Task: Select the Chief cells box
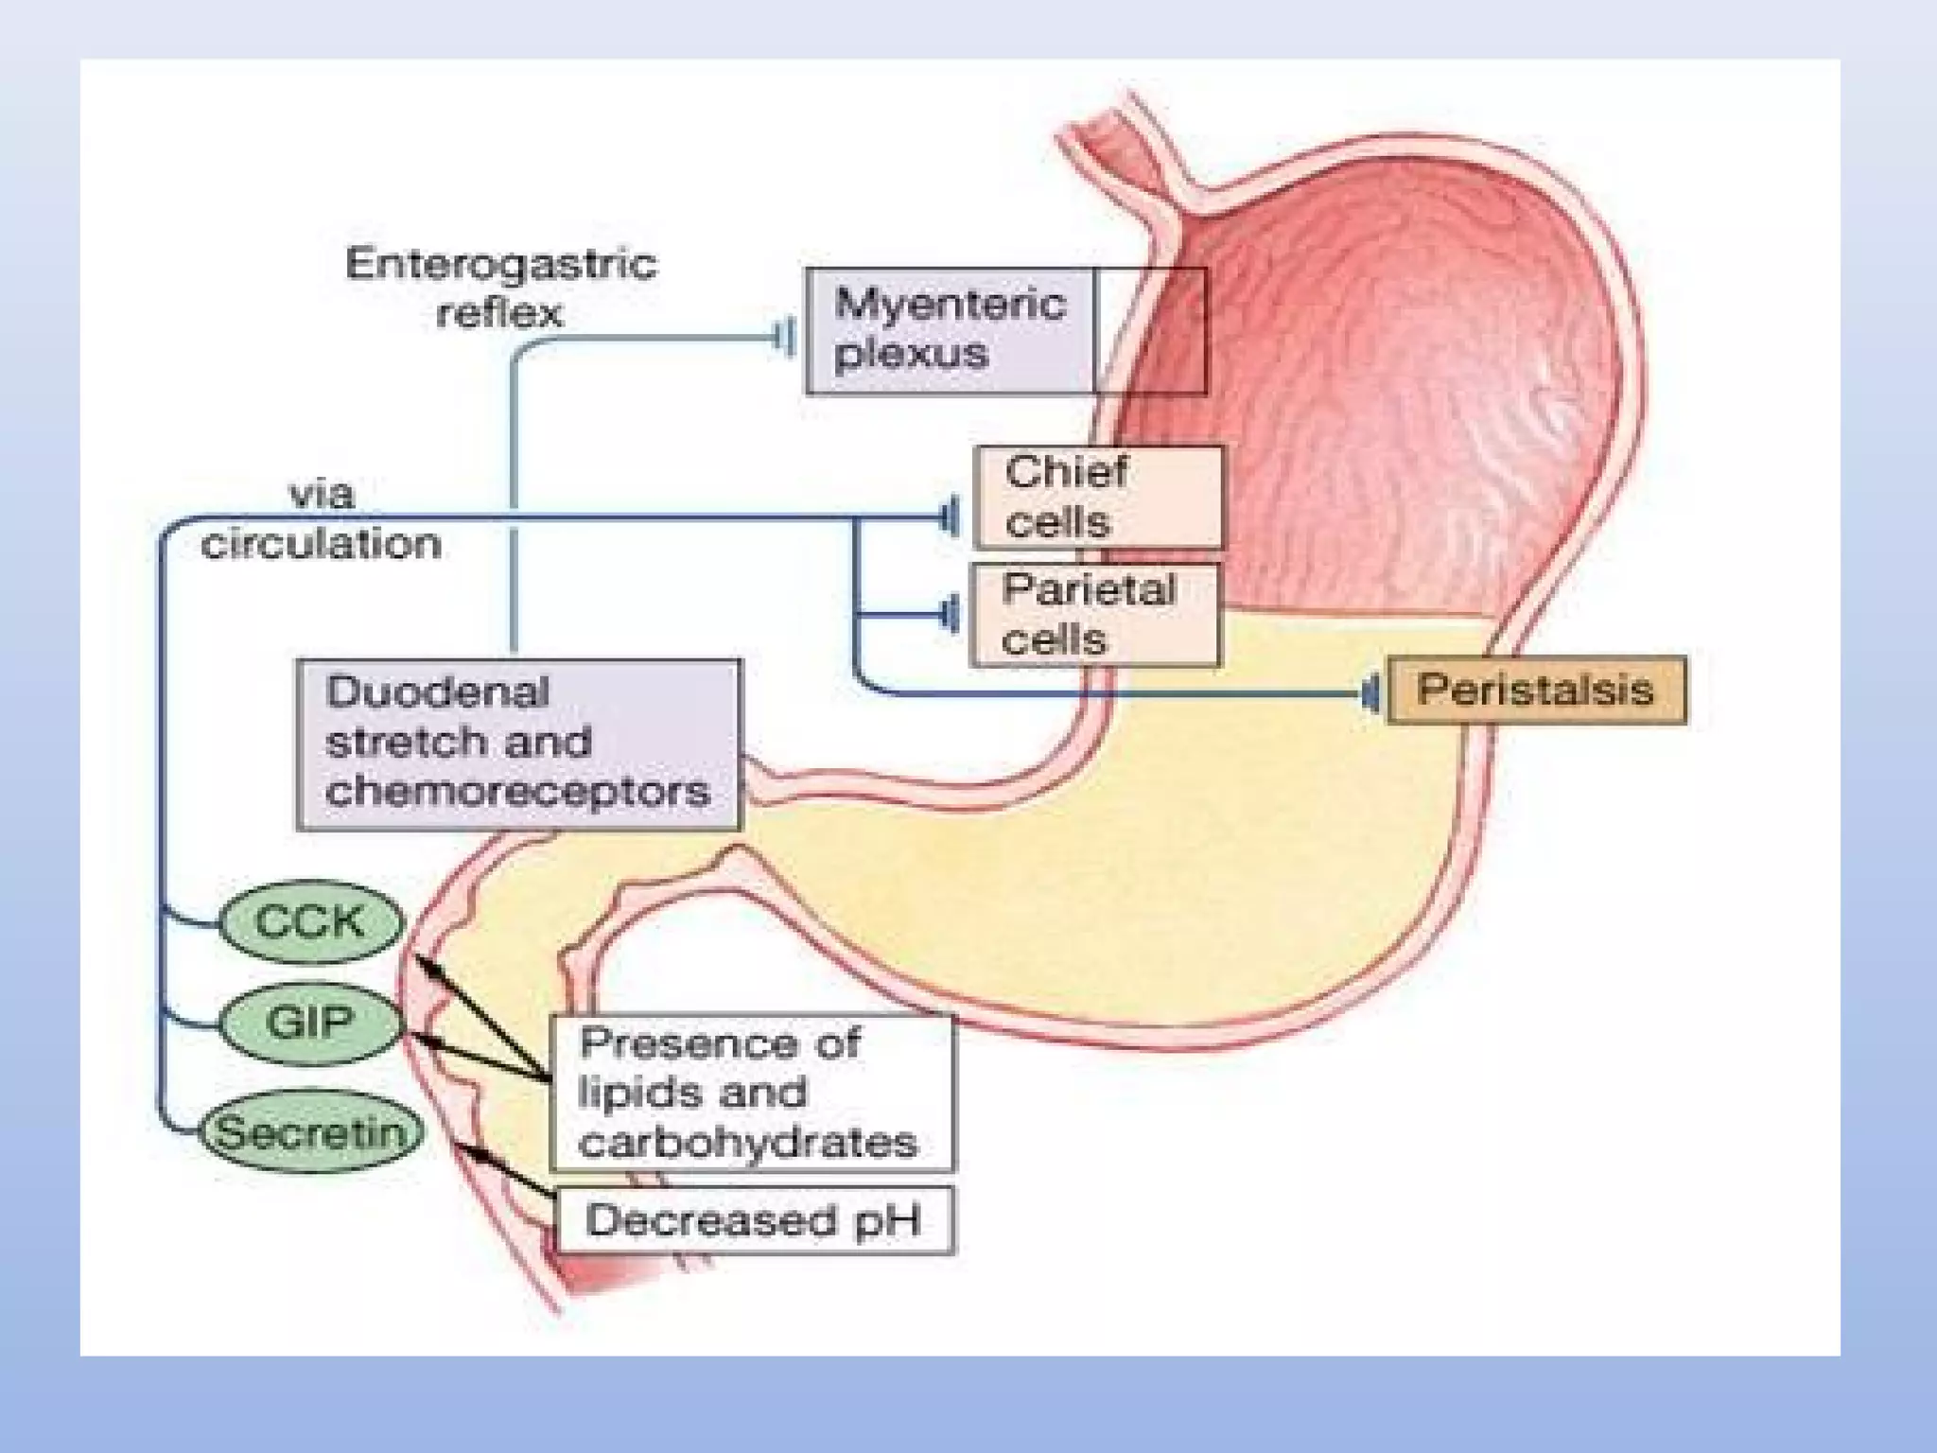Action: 1097,498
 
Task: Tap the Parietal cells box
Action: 1094,616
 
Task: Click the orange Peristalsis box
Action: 1536,691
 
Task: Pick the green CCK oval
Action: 310,921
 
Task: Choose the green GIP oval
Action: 310,1023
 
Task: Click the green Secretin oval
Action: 310,1132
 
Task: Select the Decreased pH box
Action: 754,1220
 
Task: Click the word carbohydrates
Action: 748,1144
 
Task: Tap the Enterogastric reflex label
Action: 500,287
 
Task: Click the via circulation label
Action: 321,519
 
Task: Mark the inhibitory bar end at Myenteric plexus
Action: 784,337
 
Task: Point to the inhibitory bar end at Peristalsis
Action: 1370,694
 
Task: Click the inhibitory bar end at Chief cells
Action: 950,517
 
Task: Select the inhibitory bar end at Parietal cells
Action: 950,615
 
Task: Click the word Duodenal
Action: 437,692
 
